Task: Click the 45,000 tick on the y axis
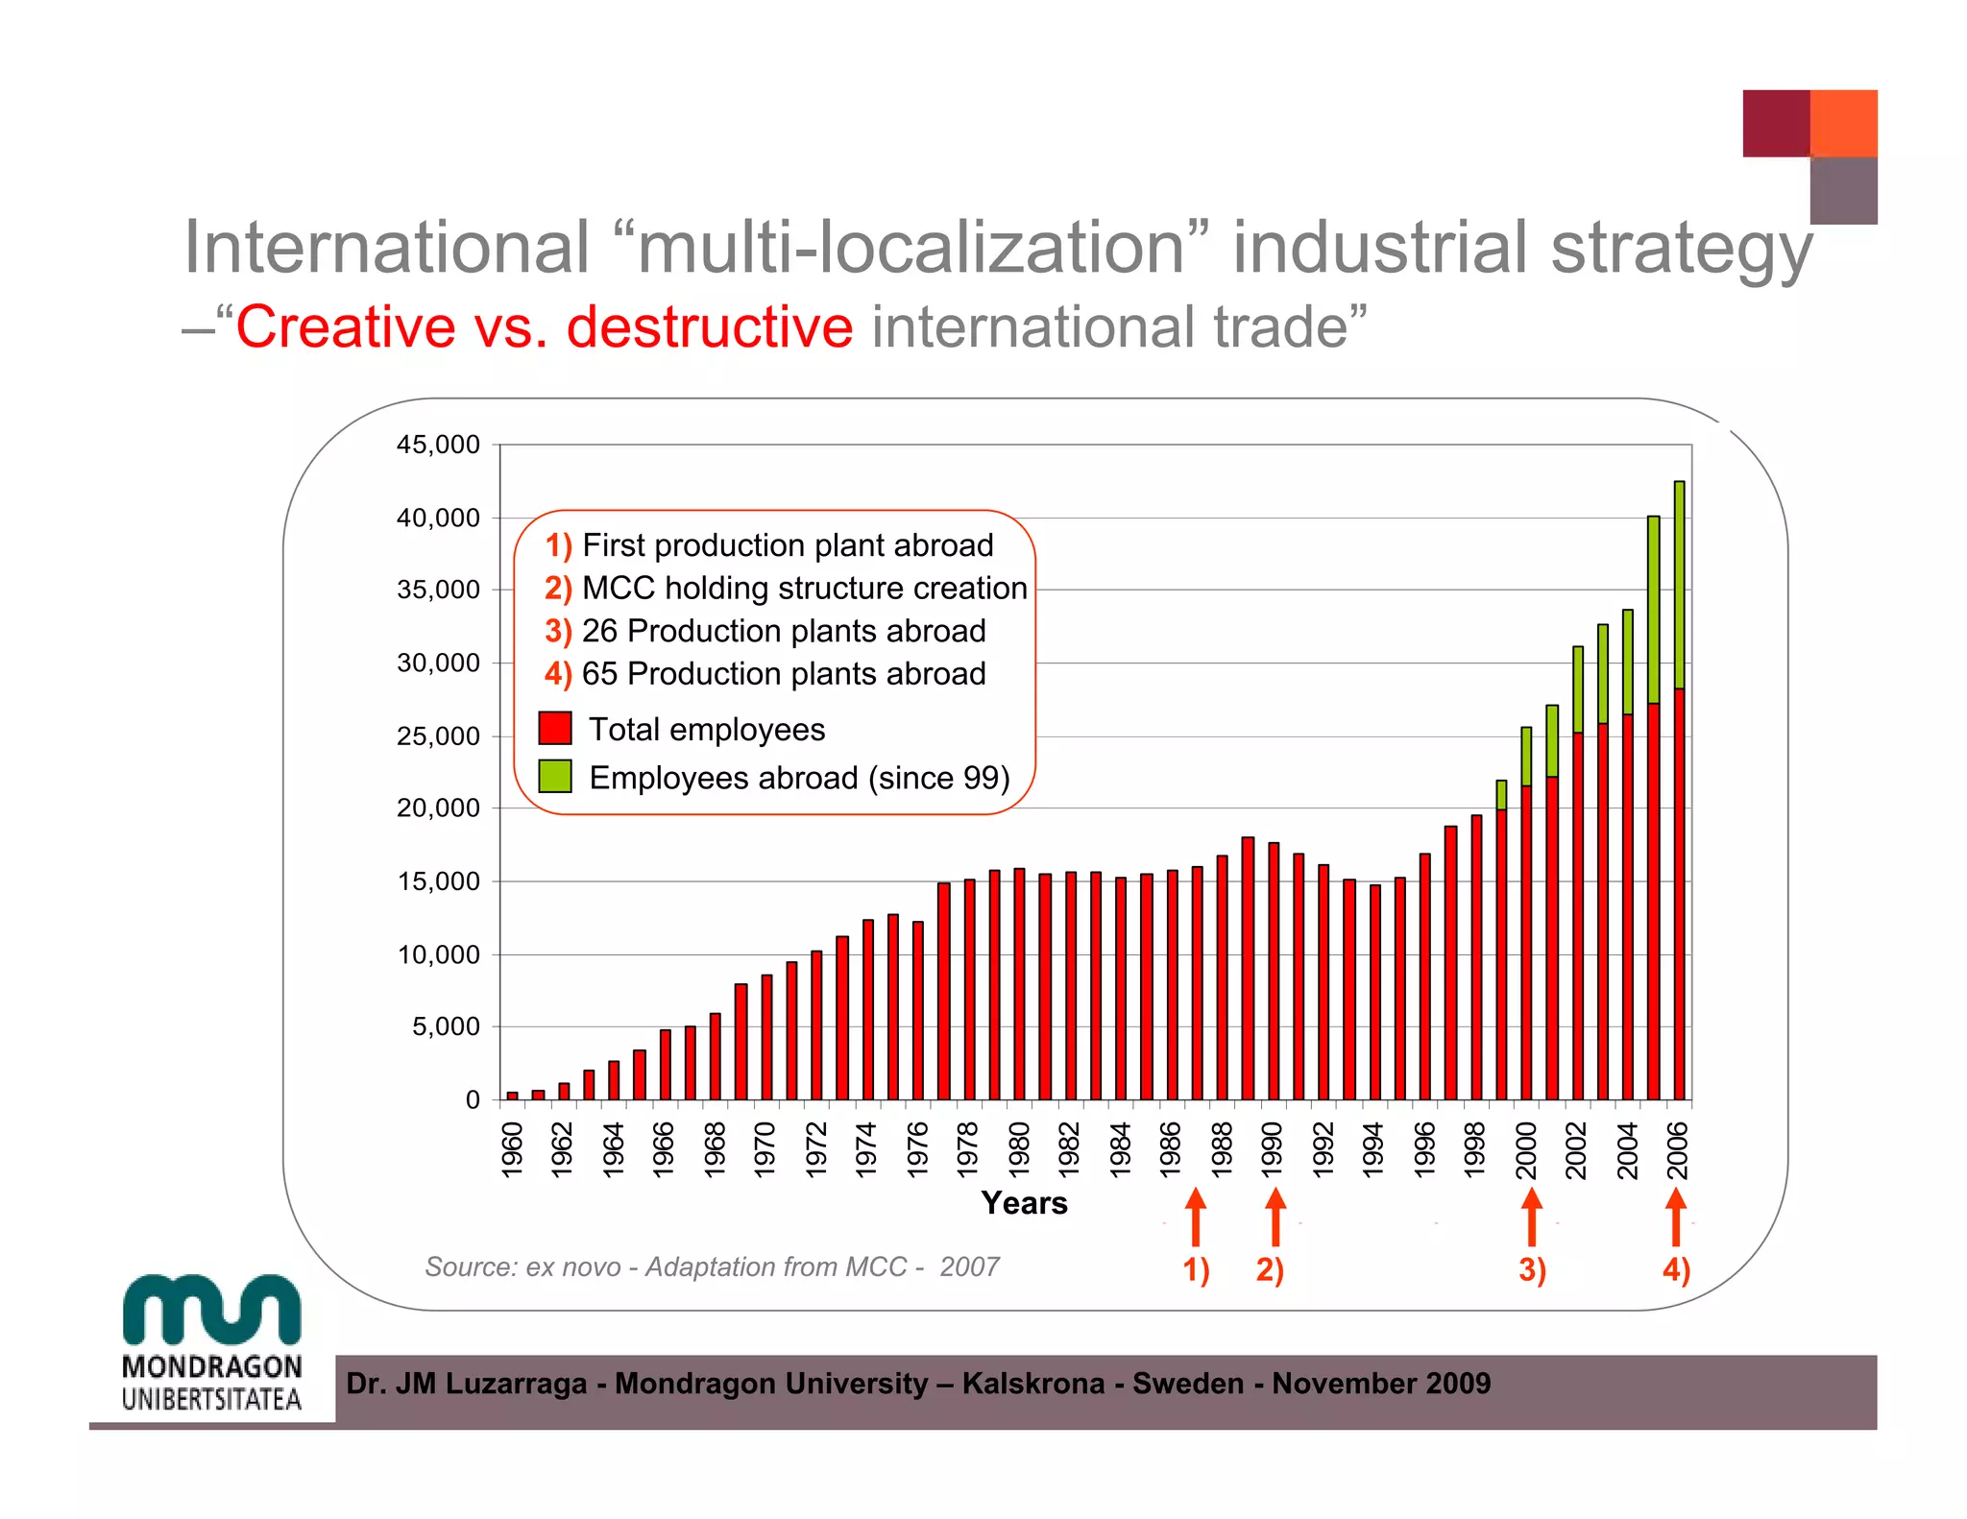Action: pyautogui.click(x=438, y=445)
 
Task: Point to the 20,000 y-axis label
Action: pyautogui.click(x=438, y=808)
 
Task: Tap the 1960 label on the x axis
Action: pyautogui.click(x=512, y=1149)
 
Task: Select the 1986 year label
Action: pyautogui.click(x=1171, y=1149)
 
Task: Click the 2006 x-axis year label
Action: pyautogui.click(x=1678, y=1149)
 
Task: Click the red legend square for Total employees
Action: pyautogui.click(x=555, y=728)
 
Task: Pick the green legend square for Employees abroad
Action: pyautogui.click(x=555, y=776)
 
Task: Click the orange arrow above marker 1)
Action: pyautogui.click(x=1196, y=1217)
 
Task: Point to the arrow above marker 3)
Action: pyautogui.click(x=1532, y=1217)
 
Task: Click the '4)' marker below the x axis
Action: pyautogui.click(x=1676, y=1269)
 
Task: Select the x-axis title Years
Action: pyautogui.click(x=1024, y=1203)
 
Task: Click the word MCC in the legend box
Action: pyautogui.click(x=619, y=588)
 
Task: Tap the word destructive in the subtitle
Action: pyautogui.click(x=709, y=327)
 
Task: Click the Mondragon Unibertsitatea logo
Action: pyautogui.click(x=212, y=1343)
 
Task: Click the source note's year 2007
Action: pyautogui.click(x=969, y=1267)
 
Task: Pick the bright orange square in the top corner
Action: pyautogui.click(x=1843, y=123)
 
